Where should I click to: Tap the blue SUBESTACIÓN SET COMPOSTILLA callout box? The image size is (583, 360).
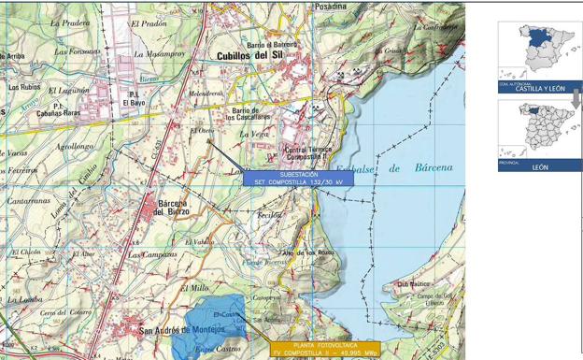pos(299,178)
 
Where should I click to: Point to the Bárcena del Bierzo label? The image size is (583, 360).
pos(173,208)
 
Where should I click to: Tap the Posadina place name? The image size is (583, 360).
pos(330,6)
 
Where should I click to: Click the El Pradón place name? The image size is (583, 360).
pos(149,23)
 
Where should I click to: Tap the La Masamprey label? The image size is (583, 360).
pos(160,54)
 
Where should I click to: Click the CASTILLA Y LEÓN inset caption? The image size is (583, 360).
pos(540,88)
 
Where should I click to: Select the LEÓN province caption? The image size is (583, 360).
pos(540,166)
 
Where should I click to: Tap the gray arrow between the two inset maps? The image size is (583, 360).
pos(576,98)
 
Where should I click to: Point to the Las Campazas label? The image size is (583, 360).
pos(152,254)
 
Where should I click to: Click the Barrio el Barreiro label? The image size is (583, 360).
pos(272,44)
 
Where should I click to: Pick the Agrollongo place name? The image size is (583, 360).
pos(75,147)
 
